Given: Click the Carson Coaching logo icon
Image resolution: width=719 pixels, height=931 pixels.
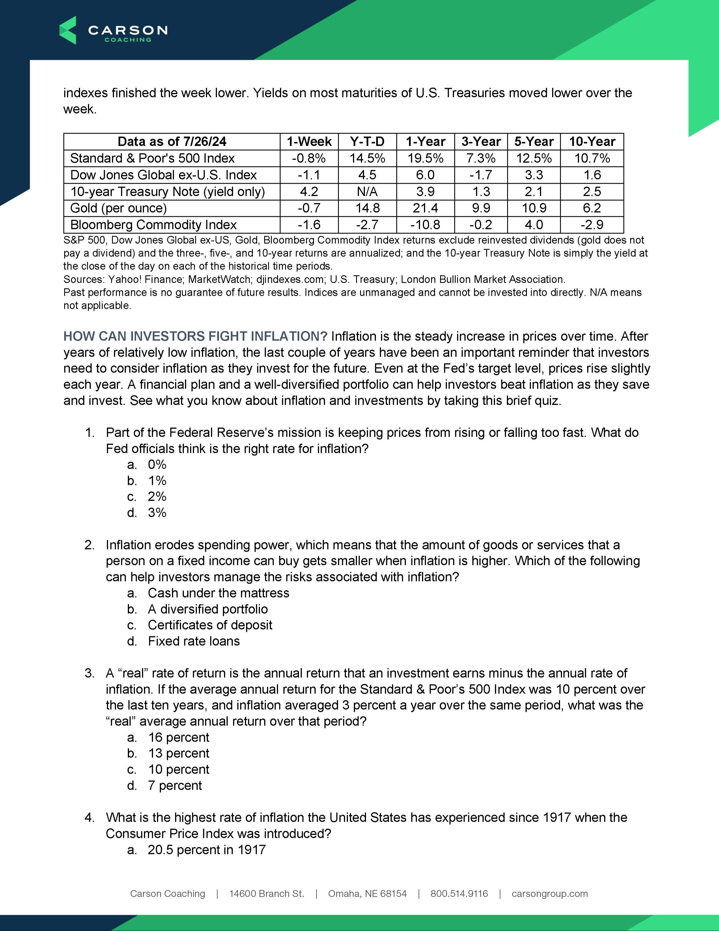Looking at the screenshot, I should tap(68, 30).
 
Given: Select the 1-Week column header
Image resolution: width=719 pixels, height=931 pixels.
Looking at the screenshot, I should tap(309, 142).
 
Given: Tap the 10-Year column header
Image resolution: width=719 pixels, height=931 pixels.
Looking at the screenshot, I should tap(592, 142).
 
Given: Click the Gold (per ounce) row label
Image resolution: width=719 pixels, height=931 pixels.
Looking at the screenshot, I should tap(119, 208).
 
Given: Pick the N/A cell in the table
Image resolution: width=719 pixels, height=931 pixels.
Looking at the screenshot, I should tap(367, 191).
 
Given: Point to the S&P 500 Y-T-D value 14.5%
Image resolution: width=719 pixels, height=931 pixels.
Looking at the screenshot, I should tap(367, 158).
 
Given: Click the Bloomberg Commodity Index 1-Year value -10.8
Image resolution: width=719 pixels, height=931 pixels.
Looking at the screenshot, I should tap(425, 225).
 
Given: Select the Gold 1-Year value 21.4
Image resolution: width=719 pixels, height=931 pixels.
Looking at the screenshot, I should tap(425, 208).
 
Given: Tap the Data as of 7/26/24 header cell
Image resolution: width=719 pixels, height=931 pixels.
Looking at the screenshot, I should tap(172, 142).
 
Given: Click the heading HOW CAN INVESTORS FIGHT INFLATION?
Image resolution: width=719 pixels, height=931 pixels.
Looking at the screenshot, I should tap(195, 336).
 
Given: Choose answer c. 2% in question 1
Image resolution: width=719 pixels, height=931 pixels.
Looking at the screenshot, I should tap(157, 496).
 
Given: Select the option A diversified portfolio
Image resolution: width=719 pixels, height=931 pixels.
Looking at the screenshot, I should tap(207, 609).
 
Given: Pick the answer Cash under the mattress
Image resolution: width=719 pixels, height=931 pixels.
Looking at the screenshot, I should tap(218, 593).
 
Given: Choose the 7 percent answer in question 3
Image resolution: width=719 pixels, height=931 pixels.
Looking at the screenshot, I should tap(175, 785).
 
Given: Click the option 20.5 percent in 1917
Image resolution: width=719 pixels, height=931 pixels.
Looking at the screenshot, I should tap(206, 849).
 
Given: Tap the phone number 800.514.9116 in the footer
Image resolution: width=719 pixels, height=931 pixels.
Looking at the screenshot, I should tap(459, 893).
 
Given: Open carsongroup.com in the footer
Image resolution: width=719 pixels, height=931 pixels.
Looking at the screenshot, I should tap(550, 893).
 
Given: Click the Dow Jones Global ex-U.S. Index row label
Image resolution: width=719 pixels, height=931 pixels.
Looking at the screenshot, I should tap(163, 175).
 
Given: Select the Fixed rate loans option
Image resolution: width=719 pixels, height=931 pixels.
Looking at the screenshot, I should tap(194, 641).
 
